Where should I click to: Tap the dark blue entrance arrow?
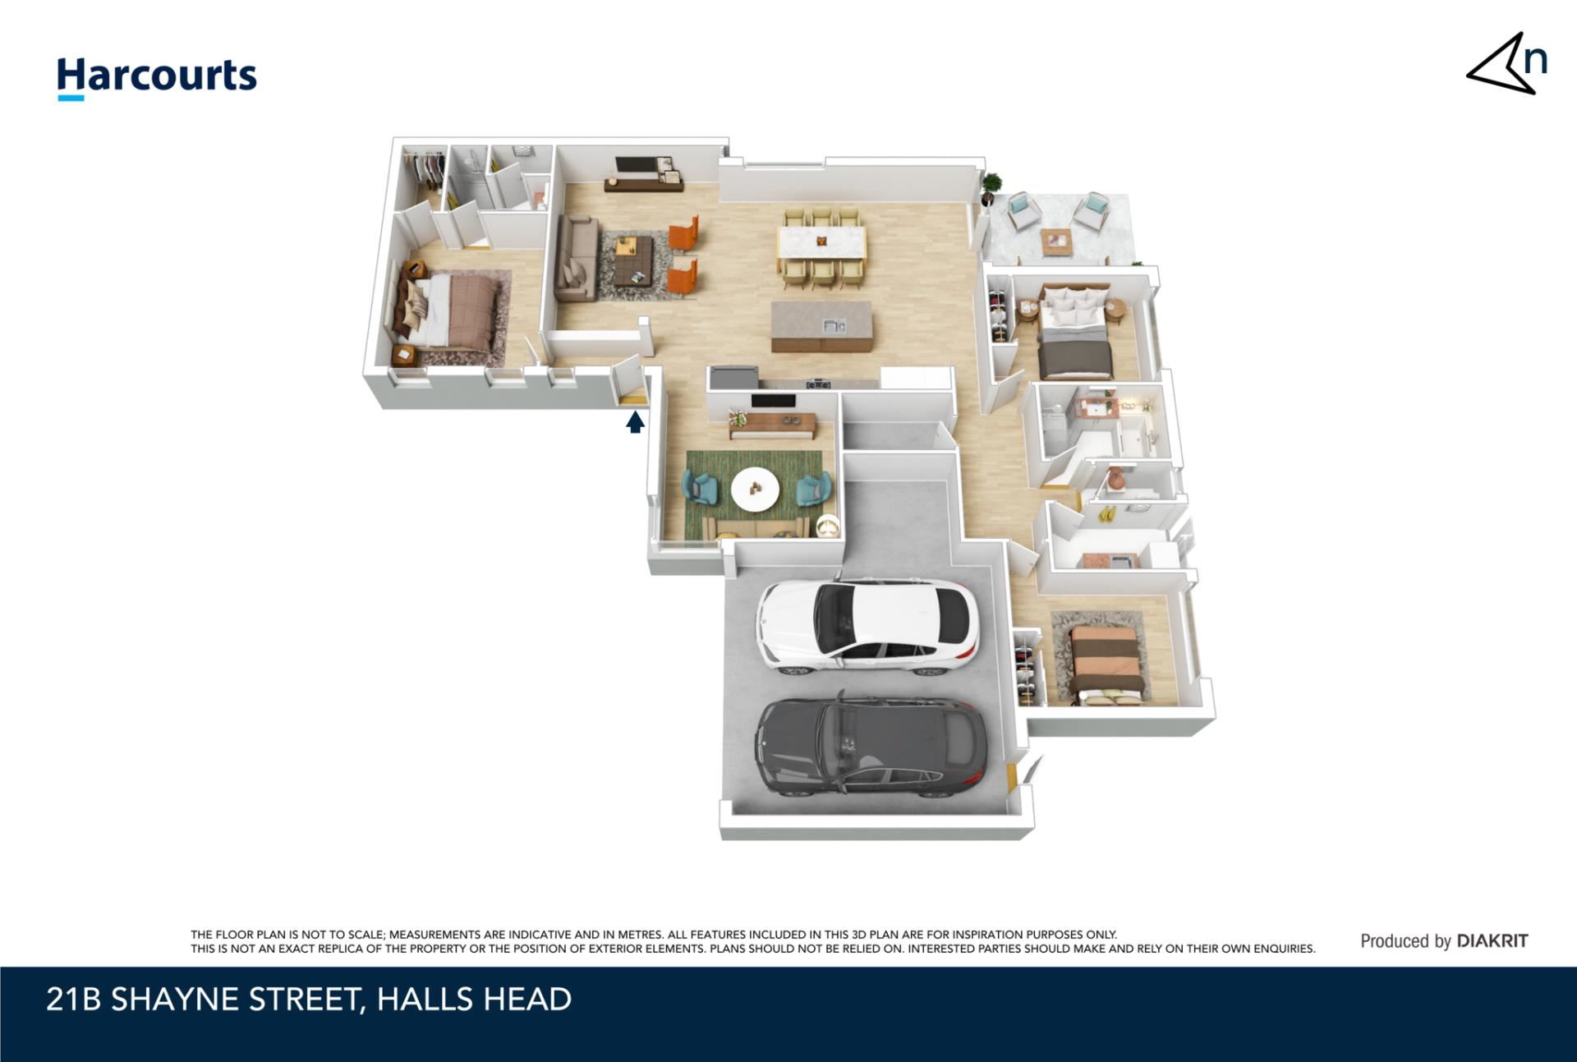click(x=635, y=422)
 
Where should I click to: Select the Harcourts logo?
click(x=157, y=78)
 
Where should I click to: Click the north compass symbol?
click(x=1507, y=64)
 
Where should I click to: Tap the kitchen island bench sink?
click(x=834, y=326)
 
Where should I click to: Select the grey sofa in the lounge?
click(x=576, y=258)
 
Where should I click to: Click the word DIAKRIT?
click(x=1492, y=941)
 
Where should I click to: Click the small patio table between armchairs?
click(x=1055, y=242)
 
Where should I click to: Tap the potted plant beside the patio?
click(x=991, y=188)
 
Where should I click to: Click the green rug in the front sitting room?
click(x=754, y=495)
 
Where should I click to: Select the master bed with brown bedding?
click(x=448, y=309)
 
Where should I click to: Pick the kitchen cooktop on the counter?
click(x=817, y=383)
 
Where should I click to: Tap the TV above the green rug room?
click(x=773, y=402)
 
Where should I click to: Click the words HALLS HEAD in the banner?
click(x=474, y=1000)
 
